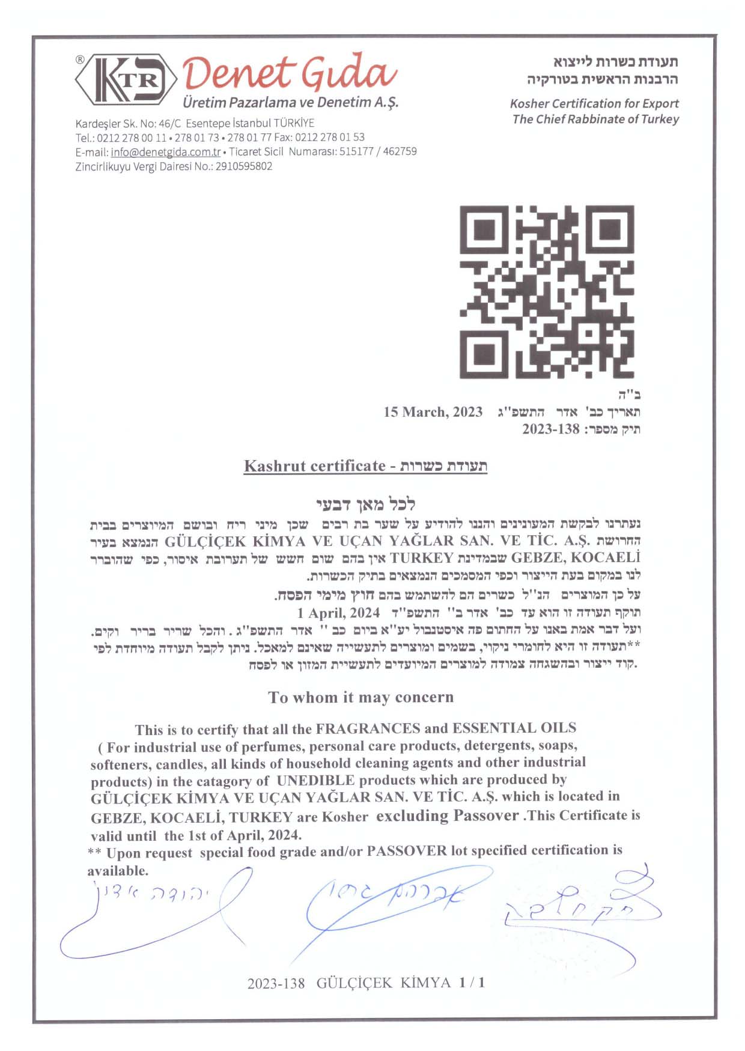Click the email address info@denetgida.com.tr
[165, 152]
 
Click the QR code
[546, 291]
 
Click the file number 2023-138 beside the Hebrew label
[550, 429]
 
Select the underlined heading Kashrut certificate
[314, 466]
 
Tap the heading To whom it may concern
[360, 697]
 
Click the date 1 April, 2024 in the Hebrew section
[338, 613]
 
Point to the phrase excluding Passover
[447, 816]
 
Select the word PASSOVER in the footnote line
[407, 851]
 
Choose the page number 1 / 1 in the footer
[472, 983]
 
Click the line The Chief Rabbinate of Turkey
[595, 119]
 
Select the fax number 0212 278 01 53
[329, 138]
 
